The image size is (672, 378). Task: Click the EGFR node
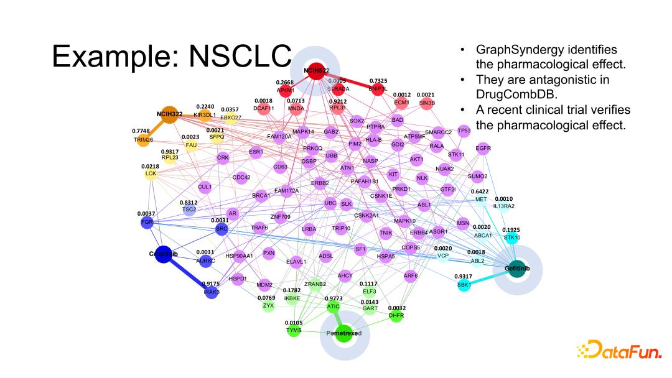pyautogui.click(x=483, y=149)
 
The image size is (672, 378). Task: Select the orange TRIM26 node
pyautogui.click(x=143, y=139)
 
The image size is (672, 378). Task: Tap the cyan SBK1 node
pyautogui.click(x=462, y=284)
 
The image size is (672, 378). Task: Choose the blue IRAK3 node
pyautogui.click(x=212, y=292)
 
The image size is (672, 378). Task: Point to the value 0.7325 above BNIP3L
pyautogui.click(x=378, y=81)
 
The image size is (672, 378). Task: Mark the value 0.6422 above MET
pyautogui.click(x=479, y=191)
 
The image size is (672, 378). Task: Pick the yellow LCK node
pyautogui.click(x=151, y=173)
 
